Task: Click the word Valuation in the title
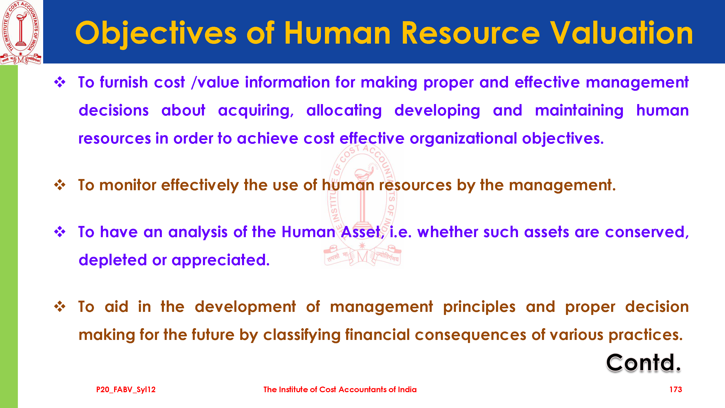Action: point(621,33)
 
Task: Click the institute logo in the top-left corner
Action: point(21,32)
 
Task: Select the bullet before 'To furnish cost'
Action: point(60,82)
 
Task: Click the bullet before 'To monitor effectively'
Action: point(60,185)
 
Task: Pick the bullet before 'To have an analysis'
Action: point(60,232)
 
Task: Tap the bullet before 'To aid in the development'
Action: point(60,307)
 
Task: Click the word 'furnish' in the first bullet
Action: point(124,82)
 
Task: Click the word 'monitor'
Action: point(128,185)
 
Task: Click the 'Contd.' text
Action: point(643,363)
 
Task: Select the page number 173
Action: point(675,389)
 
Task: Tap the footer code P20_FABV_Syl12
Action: point(126,390)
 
